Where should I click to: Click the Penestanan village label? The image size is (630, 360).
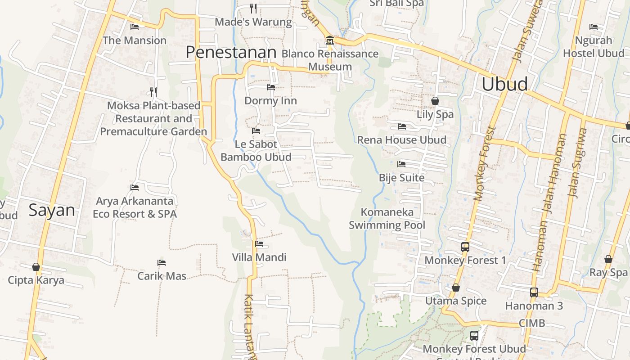[231, 52]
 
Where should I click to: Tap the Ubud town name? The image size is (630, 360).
[504, 84]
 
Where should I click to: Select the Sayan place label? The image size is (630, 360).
[52, 210]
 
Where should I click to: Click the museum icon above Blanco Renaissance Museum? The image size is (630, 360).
[329, 41]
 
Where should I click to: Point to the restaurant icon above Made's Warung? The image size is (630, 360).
[253, 8]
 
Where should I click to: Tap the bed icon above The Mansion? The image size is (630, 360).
[134, 27]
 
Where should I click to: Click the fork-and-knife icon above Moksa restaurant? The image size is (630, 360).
[153, 92]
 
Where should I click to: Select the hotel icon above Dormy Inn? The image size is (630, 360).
[270, 87]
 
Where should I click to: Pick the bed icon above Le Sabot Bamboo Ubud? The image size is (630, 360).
[256, 131]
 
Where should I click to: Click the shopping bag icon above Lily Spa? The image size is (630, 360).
[435, 101]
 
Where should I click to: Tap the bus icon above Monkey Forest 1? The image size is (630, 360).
[465, 247]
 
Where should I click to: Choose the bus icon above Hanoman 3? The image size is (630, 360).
[534, 292]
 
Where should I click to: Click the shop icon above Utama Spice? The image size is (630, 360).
[456, 288]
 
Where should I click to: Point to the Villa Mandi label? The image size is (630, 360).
[259, 257]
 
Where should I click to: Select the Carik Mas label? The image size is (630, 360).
[162, 276]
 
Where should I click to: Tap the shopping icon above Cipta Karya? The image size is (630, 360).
[36, 267]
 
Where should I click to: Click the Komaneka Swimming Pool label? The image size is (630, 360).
[387, 218]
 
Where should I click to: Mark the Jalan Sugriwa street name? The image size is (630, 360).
[578, 163]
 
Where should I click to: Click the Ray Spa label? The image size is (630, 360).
[608, 272]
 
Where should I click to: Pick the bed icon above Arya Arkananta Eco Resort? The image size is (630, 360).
[134, 188]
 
